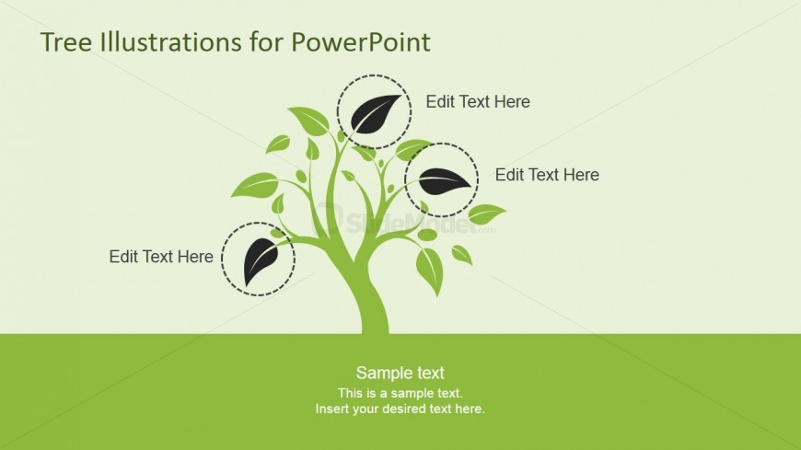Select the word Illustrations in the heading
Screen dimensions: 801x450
[170, 42]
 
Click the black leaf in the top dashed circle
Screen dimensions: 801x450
[376, 113]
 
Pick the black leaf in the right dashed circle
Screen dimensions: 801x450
[445, 181]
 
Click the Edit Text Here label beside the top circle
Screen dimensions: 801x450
[478, 101]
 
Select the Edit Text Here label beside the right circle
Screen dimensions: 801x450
[547, 175]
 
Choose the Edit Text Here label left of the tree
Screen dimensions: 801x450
[161, 257]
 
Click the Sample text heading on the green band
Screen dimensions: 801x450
[400, 373]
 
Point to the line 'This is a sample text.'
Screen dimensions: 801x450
[400, 393]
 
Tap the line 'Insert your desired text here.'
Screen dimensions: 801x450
[400, 410]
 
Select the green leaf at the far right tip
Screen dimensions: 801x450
[487, 214]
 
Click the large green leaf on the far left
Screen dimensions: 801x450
[255, 185]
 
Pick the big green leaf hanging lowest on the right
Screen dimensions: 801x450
[430, 271]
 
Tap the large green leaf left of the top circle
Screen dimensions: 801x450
[309, 121]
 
